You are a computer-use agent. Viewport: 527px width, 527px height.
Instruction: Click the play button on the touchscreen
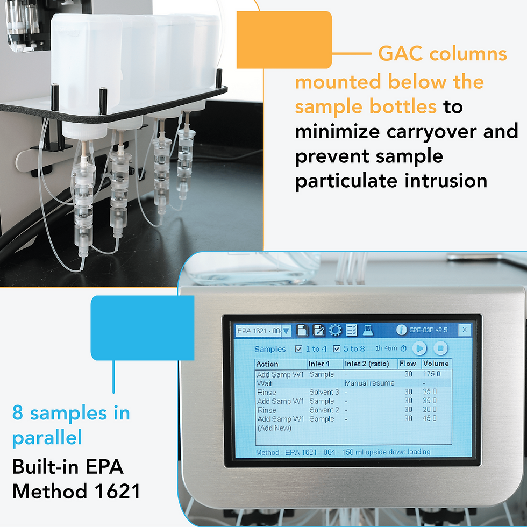pyautogui.click(x=419, y=348)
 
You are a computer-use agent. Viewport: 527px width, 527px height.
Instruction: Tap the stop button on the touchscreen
pyautogui.click(x=440, y=348)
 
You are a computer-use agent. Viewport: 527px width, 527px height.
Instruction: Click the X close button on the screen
pyautogui.click(x=464, y=330)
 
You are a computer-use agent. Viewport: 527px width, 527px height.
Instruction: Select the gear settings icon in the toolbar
pyautogui.click(x=335, y=330)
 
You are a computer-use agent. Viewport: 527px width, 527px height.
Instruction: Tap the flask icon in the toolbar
pyautogui.click(x=368, y=330)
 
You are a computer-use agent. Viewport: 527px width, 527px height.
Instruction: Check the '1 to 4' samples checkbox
pyautogui.click(x=298, y=349)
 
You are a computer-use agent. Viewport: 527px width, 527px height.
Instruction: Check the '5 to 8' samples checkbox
pyautogui.click(x=337, y=349)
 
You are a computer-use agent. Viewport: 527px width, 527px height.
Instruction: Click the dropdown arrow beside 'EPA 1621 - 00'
pyautogui.click(x=286, y=330)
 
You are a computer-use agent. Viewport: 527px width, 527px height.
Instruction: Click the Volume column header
pyautogui.click(x=436, y=364)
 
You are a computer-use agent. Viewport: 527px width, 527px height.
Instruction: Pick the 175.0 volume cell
pyautogui.click(x=431, y=374)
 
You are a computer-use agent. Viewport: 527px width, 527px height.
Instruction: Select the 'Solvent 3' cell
pyautogui.click(x=324, y=392)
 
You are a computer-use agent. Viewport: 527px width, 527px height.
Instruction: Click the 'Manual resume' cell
pyautogui.click(x=369, y=383)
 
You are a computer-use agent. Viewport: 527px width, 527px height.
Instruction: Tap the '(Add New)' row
pyautogui.click(x=274, y=428)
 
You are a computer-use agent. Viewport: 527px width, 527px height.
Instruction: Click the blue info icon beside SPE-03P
pyautogui.click(x=401, y=330)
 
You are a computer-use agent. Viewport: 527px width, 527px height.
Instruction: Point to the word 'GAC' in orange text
pyautogui.click(x=401, y=54)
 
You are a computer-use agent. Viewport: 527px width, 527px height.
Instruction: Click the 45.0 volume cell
pyautogui.click(x=430, y=419)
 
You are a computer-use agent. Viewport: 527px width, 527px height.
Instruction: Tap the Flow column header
pyautogui.click(x=408, y=364)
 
